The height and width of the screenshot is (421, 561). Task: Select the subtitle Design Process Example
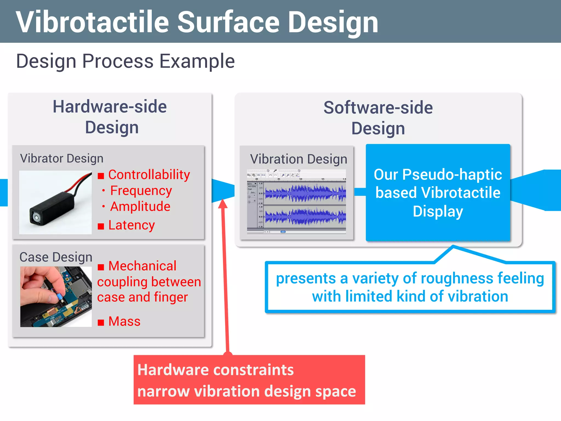point(125,61)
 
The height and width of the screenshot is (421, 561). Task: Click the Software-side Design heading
point(378,118)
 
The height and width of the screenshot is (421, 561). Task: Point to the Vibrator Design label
point(62,158)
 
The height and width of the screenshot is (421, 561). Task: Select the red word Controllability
point(149,175)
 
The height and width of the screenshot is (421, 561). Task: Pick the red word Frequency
point(141,190)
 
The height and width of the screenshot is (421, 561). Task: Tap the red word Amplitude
point(140,206)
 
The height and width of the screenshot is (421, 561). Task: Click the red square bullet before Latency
point(101,226)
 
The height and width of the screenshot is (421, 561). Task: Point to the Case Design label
point(56,257)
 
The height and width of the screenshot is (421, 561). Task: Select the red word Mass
point(124,321)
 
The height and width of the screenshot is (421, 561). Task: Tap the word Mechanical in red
point(142,266)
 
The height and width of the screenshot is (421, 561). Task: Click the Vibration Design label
point(299,159)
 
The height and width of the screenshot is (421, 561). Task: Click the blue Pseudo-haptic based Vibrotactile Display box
point(438,193)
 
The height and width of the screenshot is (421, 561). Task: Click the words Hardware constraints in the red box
point(215,370)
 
